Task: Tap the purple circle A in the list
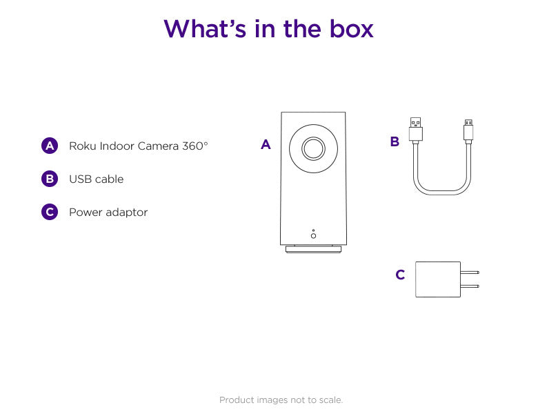50,146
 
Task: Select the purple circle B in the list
50,179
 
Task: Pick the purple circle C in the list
50,212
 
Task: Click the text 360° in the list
195,146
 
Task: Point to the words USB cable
96,179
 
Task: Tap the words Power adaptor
108,212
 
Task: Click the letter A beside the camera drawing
266,145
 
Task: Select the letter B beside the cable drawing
395,142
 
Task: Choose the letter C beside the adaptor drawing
400,275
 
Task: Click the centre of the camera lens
313,148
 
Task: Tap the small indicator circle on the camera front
313,235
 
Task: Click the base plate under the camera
313,249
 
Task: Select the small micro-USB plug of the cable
468,130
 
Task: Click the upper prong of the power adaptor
470,273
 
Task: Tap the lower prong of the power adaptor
470,286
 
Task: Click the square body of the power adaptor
438,279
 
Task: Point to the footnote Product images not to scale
281,400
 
